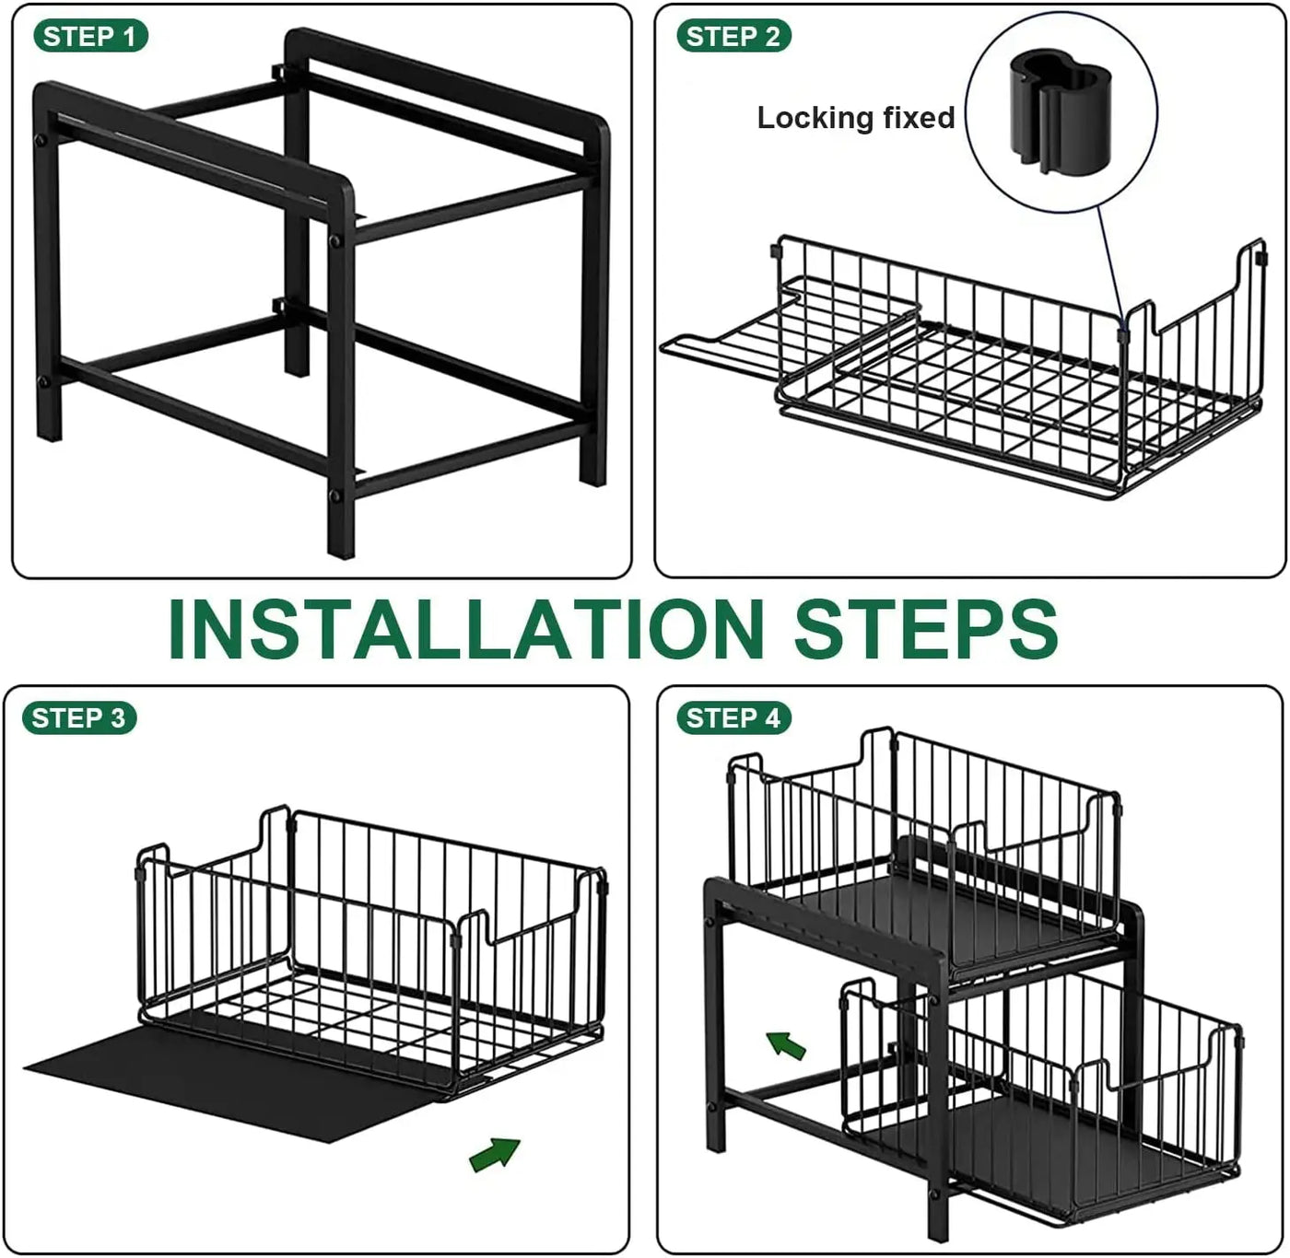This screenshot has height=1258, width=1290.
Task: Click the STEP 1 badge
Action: click(90, 36)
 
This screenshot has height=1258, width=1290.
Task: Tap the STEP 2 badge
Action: click(733, 36)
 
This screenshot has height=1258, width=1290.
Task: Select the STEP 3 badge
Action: click(79, 717)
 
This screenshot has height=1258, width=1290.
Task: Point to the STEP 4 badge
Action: click(733, 717)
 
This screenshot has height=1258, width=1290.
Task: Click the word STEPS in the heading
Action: click(925, 629)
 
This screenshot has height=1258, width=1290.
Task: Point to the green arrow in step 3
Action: click(495, 1155)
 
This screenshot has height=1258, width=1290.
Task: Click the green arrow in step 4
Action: click(786, 1046)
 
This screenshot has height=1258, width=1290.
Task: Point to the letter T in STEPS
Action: click(871, 629)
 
